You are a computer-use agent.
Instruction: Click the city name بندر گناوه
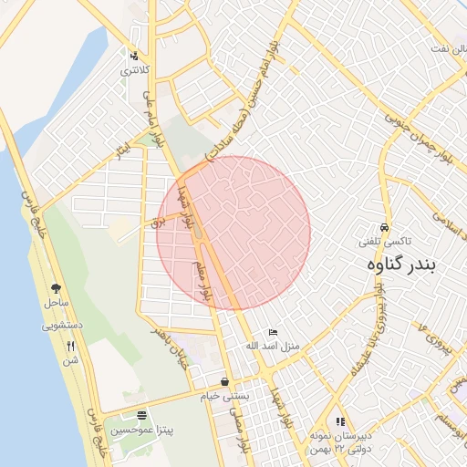tap(401, 265)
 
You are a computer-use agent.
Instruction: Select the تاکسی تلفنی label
tap(386, 241)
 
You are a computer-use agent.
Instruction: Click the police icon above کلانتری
tap(135, 56)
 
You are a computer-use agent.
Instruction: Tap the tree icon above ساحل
tap(57, 287)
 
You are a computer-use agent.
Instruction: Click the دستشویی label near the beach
tap(62, 325)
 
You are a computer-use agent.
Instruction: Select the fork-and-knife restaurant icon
tap(71, 346)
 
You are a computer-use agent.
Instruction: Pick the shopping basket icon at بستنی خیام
tap(224, 382)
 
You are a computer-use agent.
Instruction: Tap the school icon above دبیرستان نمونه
tap(340, 422)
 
